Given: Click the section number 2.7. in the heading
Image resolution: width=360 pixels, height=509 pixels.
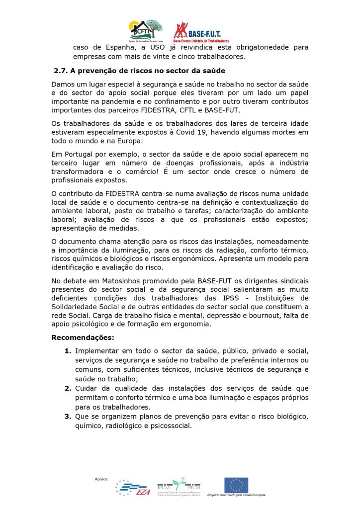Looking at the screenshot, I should click(62, 71).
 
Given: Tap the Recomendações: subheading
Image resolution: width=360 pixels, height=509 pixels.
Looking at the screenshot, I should click(83, 338).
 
